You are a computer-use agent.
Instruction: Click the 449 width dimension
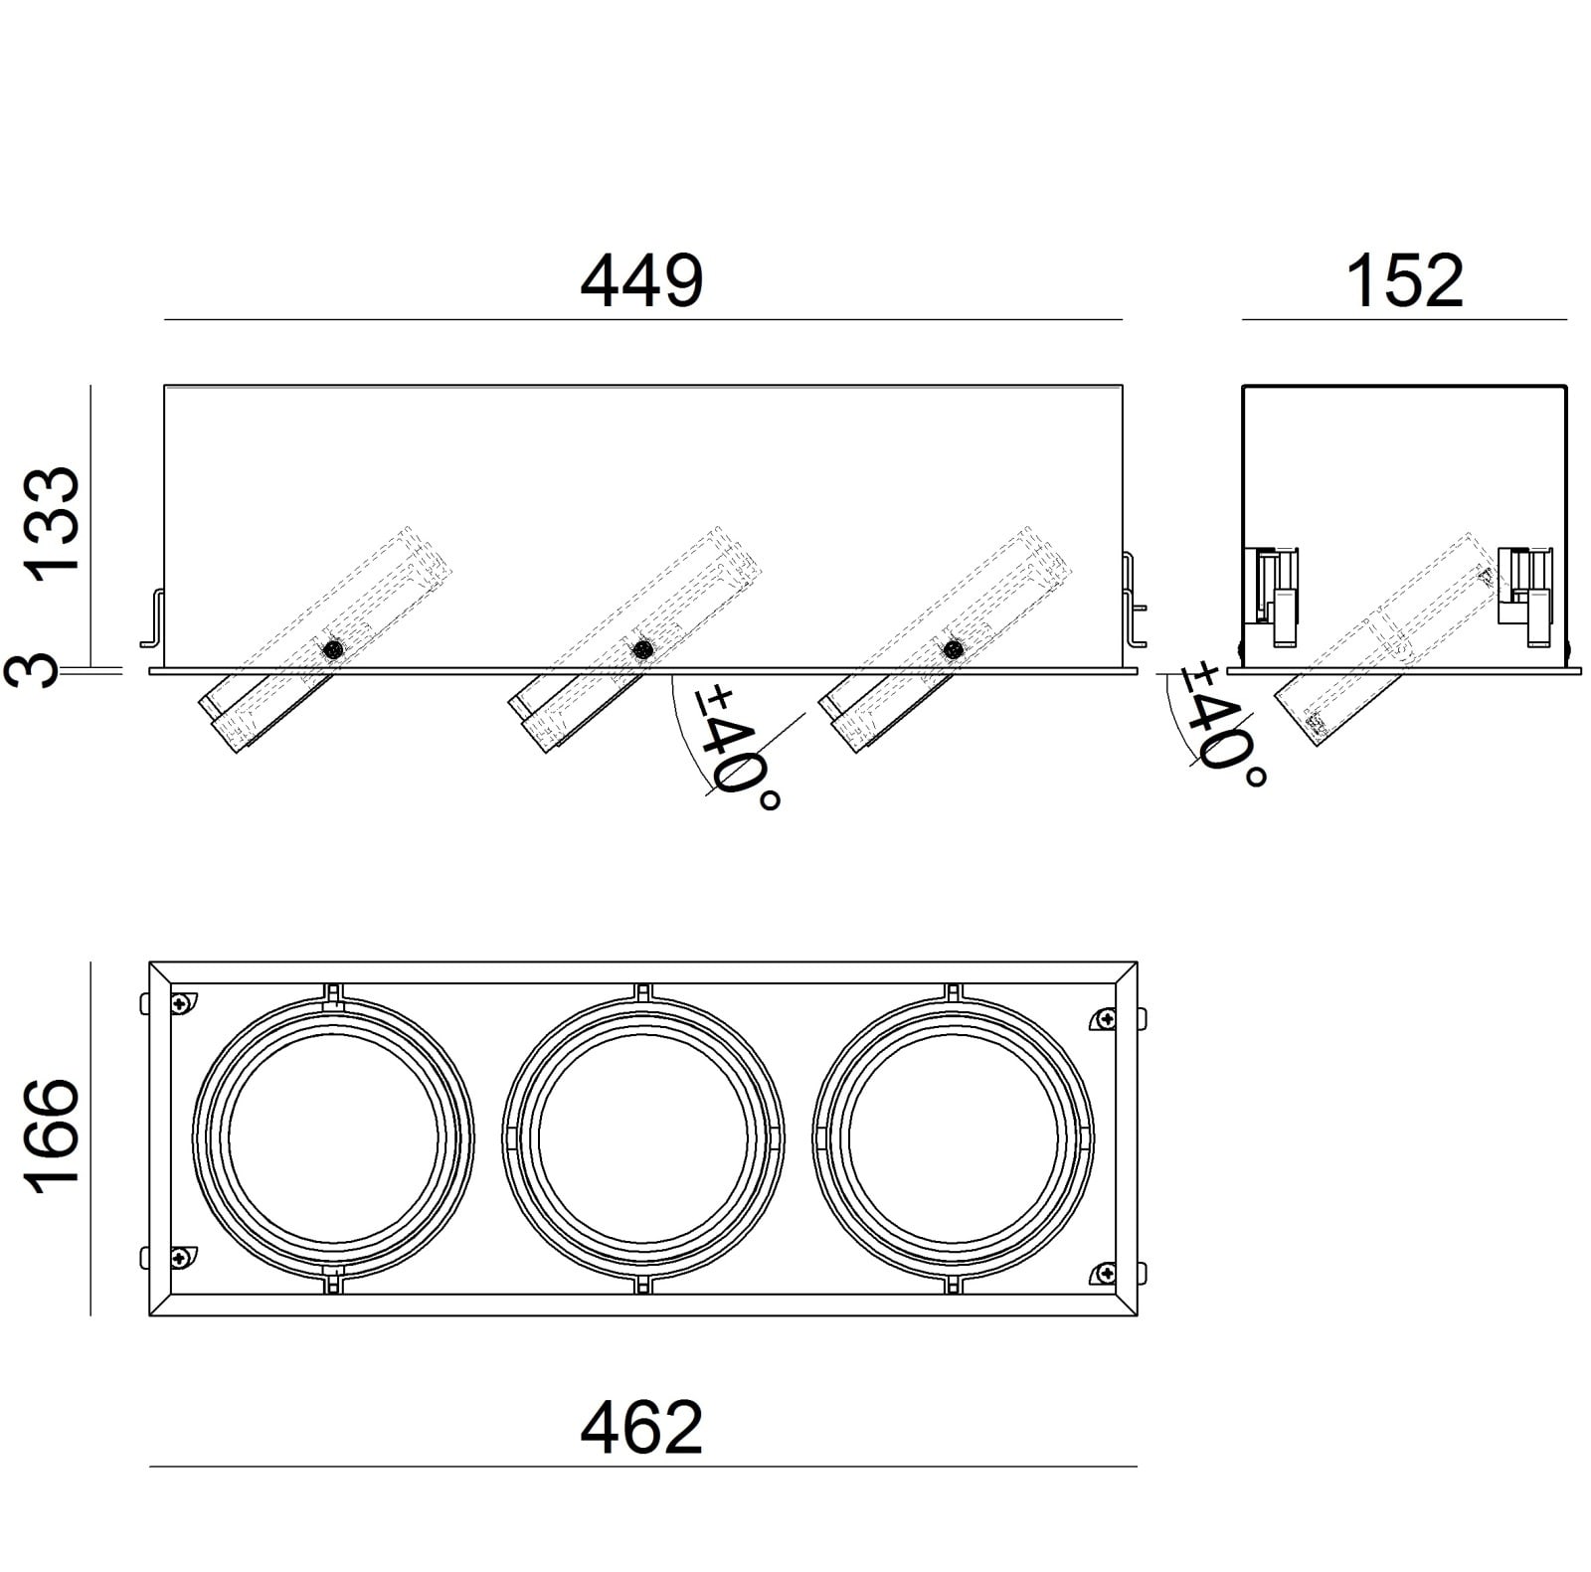click(641, 281)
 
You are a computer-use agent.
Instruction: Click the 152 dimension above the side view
click(1403, 281)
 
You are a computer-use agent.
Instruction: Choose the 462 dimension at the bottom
click(641, 1428)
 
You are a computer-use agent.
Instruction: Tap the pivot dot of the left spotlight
click(333, 649)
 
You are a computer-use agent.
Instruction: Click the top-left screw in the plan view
click(180, 1004)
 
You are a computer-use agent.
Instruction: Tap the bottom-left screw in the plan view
click(180, 1258)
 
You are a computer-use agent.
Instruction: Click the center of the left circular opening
click(332, 1138)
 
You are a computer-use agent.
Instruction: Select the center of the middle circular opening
click(642, 1138)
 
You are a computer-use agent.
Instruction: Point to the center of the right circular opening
click(953, 1138)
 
